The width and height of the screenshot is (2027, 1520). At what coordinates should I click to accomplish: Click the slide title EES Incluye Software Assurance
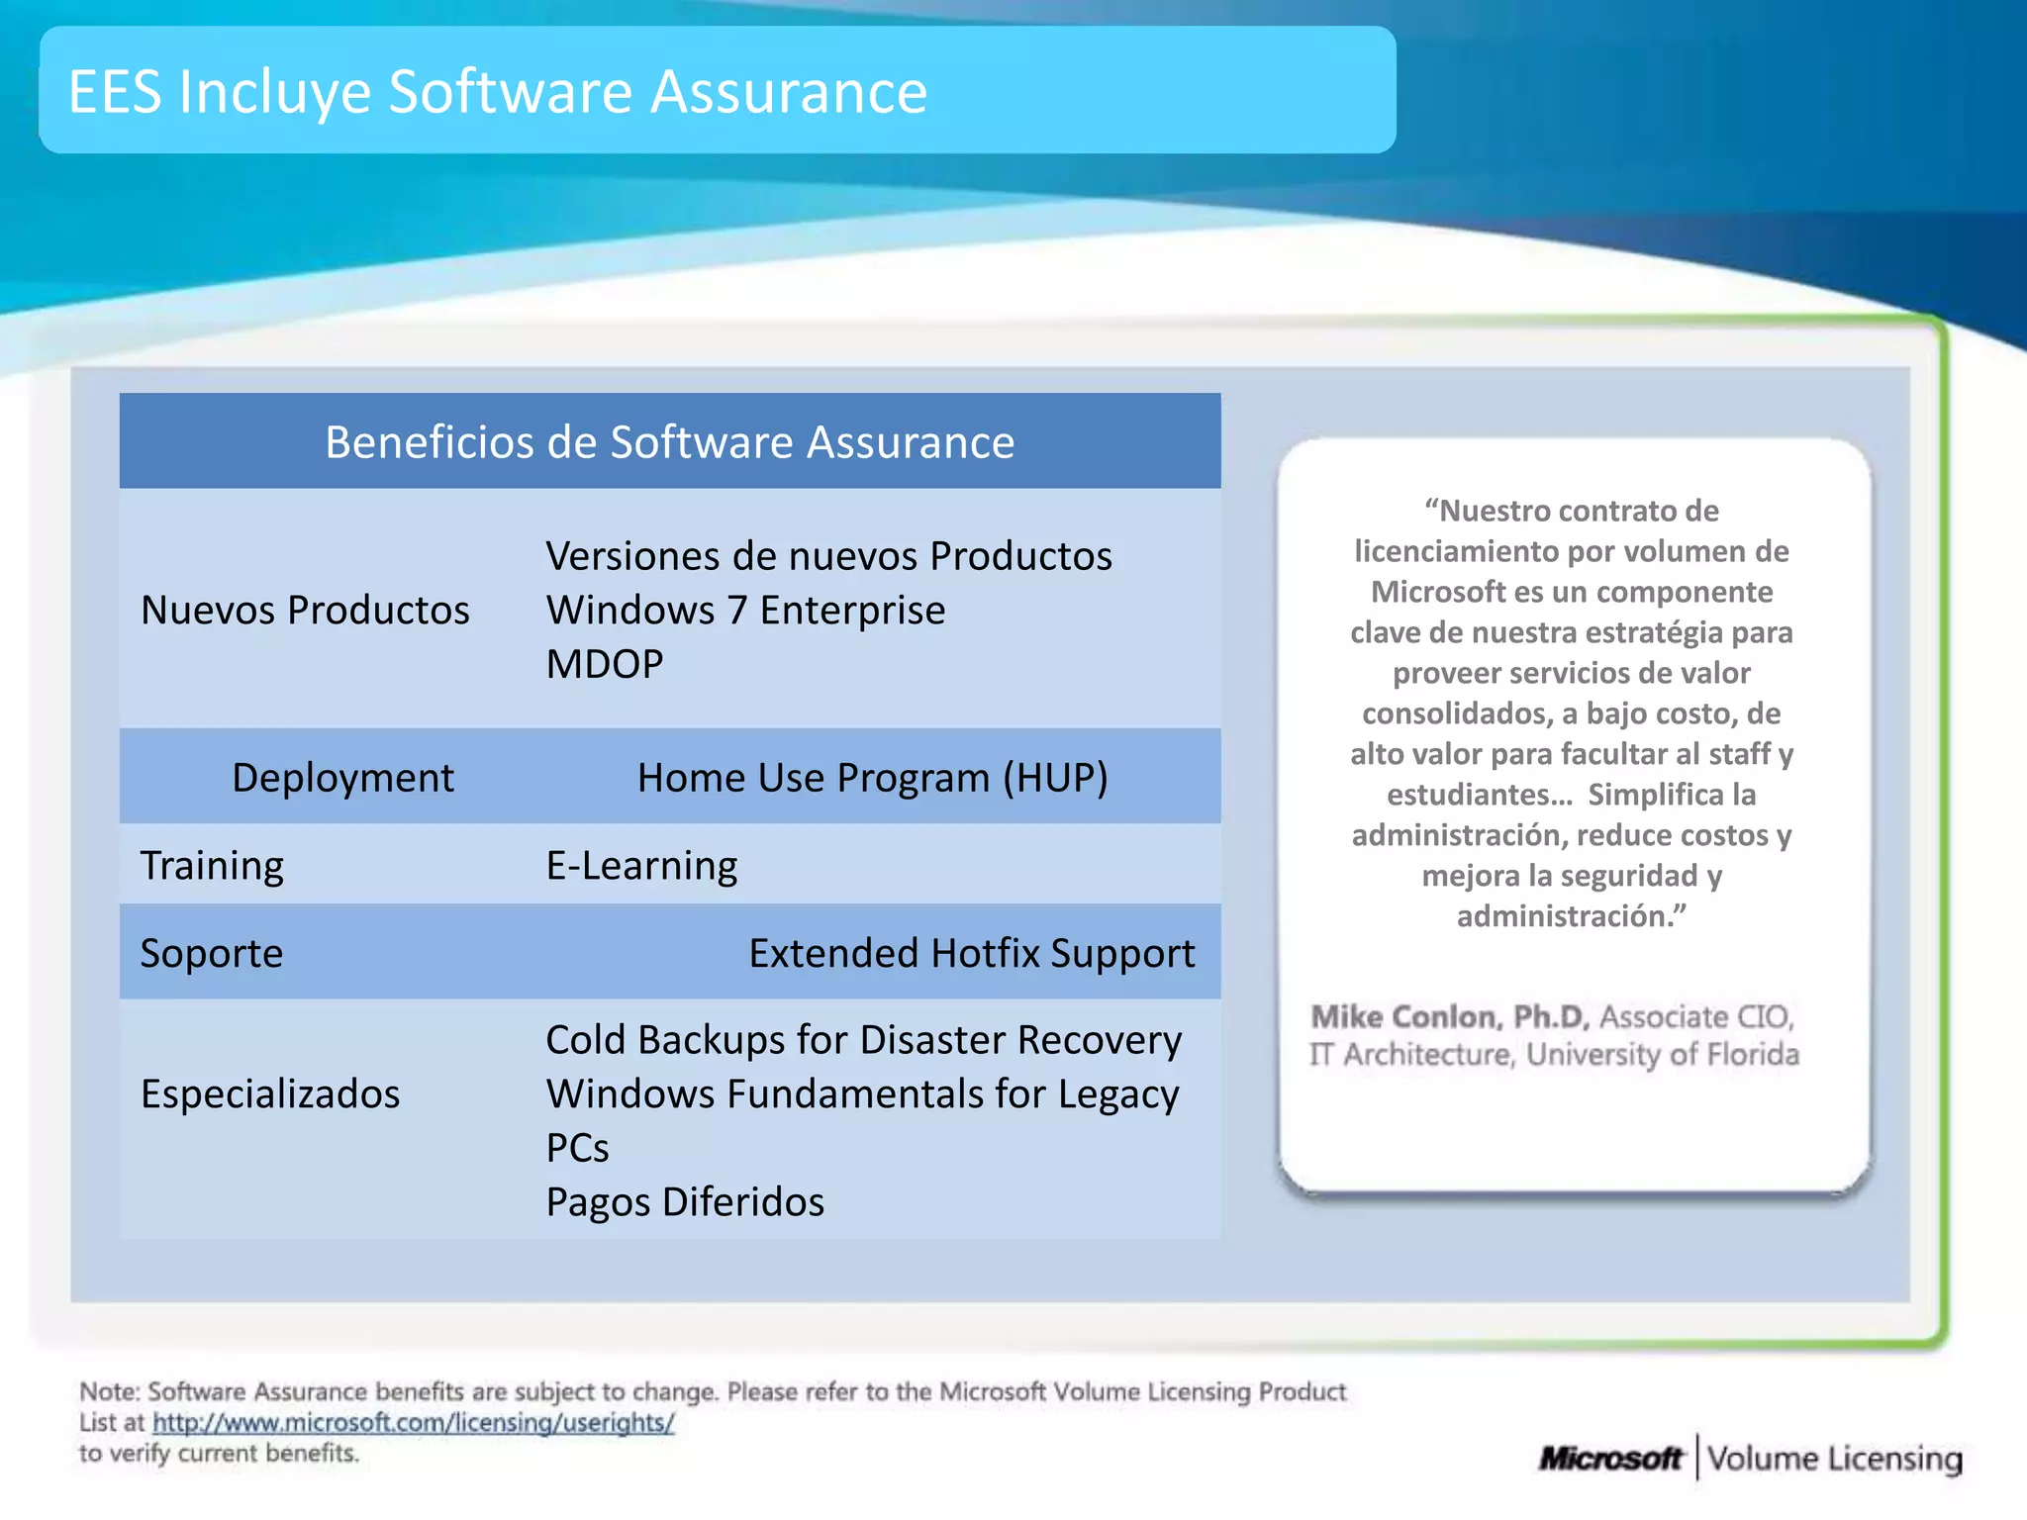pos(497,91)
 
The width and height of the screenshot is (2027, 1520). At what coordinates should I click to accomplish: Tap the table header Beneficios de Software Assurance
pos(669,441)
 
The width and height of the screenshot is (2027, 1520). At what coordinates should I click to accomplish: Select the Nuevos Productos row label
pos(305,610)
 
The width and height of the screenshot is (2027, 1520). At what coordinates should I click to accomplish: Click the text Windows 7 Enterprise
pos(745,610)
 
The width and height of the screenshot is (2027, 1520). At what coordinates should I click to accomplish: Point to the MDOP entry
pos(604,664)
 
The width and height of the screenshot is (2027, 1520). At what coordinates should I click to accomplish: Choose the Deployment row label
pos(342,778)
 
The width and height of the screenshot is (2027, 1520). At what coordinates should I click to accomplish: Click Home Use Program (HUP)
pos(872,778)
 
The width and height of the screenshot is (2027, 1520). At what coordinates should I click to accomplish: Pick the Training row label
pos(212,865)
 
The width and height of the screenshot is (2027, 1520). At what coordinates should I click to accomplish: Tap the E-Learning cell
pos(641,865)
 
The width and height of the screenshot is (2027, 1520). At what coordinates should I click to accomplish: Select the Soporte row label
pos(212,953)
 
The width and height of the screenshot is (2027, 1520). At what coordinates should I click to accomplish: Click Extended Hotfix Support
pos(971,953)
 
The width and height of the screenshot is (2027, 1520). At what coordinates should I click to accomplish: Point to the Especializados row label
pos(270,1093)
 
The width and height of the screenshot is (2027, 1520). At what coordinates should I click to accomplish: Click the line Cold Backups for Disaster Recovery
pos(863,1040)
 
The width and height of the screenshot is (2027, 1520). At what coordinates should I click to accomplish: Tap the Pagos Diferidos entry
pos(685,1201)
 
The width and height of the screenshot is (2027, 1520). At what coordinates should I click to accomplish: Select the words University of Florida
pos(1662,1054)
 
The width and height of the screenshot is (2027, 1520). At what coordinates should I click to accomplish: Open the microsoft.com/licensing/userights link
pos(413,1422)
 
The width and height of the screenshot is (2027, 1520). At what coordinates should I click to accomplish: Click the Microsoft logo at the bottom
pos(1610,1458)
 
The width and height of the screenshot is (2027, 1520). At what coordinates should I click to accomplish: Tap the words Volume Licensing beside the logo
pos(1834,1458)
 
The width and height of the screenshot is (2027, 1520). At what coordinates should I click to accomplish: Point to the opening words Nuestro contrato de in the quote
pos(1572,511)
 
